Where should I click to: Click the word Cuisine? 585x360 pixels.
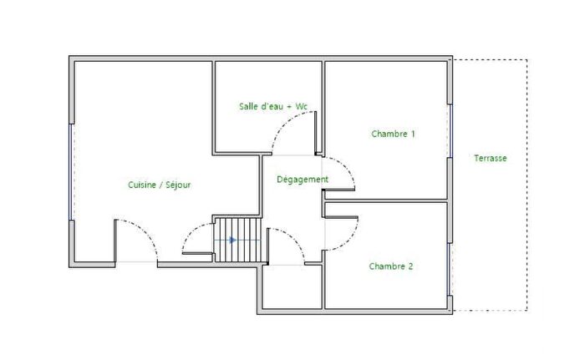pos(144,185)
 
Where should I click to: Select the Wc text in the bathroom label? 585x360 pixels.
pos(302,106)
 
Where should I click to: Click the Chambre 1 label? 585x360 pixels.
pos(393,134)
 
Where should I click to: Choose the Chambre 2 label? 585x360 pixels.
pos(391,266)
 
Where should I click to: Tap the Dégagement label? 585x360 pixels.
pos(303,179)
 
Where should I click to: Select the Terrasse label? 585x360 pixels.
pos(490,158)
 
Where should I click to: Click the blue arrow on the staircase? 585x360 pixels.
pos(231,241)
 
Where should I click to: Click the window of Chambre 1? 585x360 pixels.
pos(450,131)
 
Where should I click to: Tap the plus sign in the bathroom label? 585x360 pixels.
pos(288,106)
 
